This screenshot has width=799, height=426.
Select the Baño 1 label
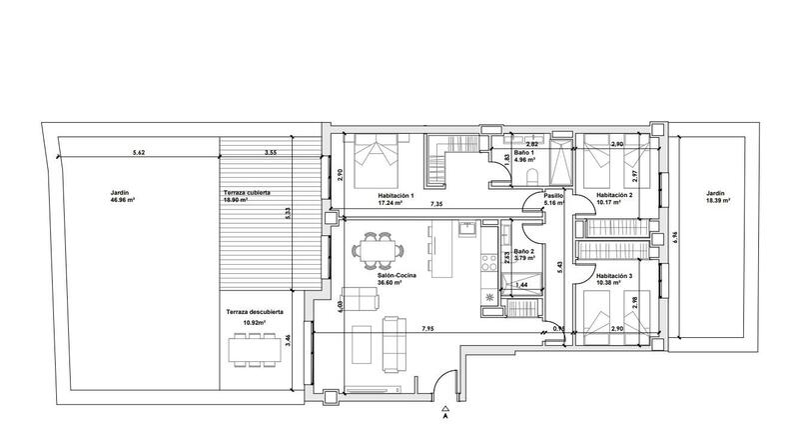point(524,154)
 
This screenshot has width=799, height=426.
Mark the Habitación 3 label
point(614,279)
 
